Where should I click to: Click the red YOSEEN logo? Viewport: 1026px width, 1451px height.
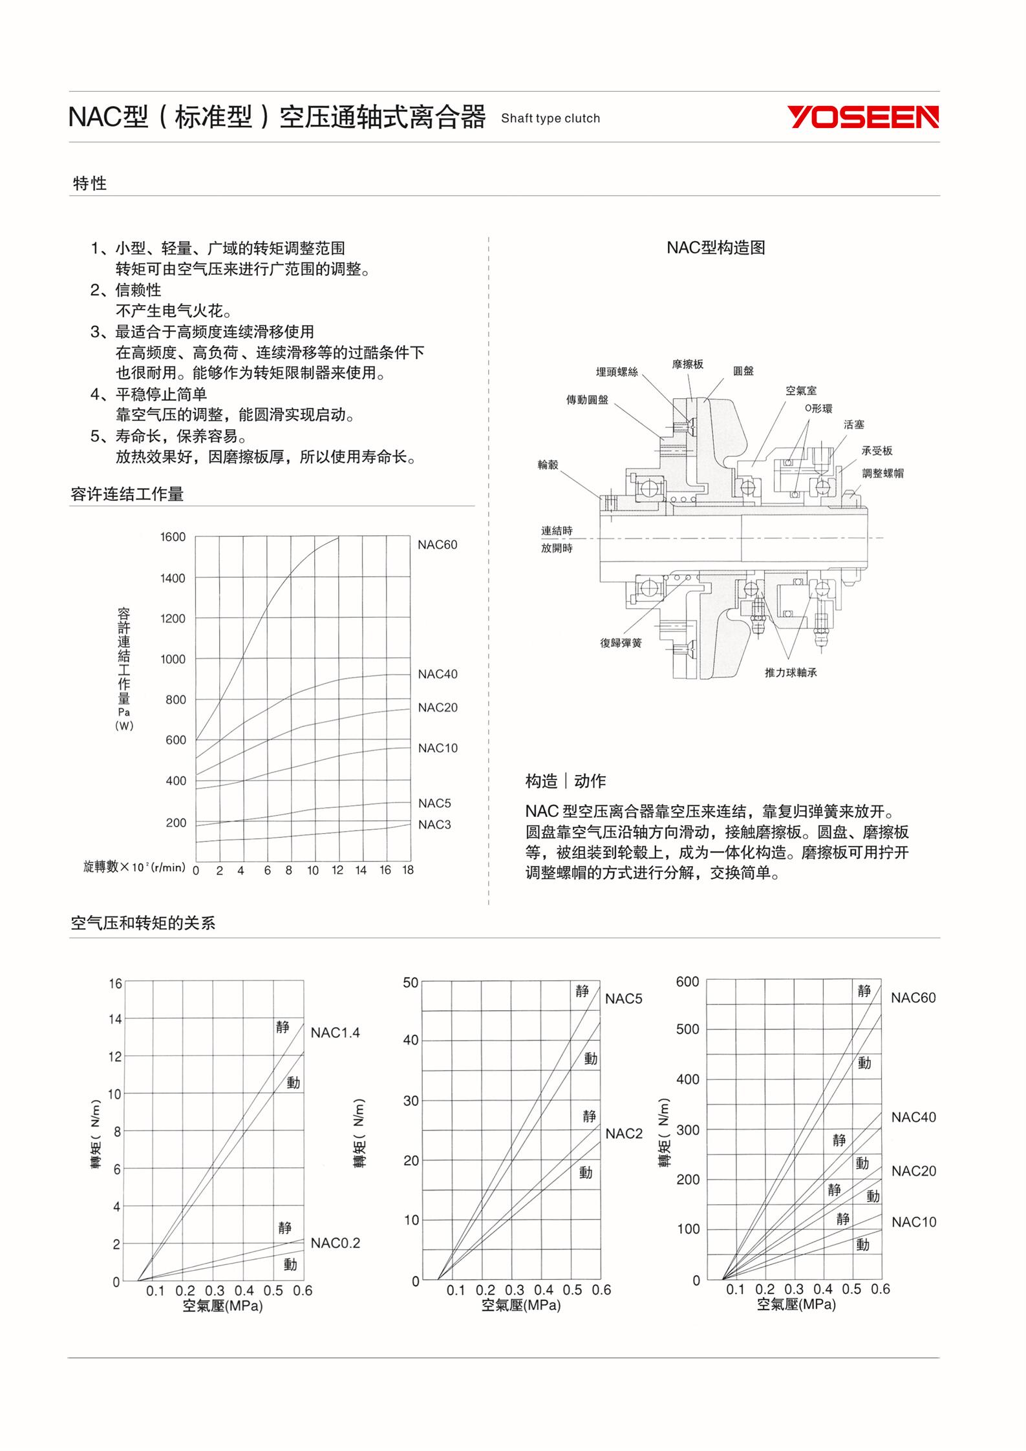(862, 118)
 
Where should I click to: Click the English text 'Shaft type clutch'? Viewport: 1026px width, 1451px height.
(550, 118)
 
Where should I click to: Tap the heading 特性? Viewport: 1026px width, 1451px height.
(90, 184)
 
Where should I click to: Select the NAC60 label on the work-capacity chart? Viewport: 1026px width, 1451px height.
(437, 545)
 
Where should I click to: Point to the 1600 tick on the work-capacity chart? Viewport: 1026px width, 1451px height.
(173, 537)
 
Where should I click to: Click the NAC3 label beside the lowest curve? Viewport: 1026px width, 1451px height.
(434, 825)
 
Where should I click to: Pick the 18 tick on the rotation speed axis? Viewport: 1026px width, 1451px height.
(407, 870)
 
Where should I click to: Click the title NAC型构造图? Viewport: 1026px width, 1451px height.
(716, 248)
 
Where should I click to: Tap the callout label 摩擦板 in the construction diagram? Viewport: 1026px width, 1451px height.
(688, 364)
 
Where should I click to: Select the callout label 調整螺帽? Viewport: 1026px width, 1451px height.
(882, 473)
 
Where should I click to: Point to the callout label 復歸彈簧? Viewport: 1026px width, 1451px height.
(621, 643)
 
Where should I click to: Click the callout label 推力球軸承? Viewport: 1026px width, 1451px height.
(791, 673)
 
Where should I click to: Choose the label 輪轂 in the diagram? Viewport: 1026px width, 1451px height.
(548, 465)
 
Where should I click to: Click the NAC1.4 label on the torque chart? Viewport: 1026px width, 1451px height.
(335, 1033)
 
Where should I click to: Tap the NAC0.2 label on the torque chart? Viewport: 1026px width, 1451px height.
(335, 1243)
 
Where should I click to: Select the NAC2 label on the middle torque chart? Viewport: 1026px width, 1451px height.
(624, 1134)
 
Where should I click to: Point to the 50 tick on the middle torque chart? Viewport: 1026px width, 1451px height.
(411, 983)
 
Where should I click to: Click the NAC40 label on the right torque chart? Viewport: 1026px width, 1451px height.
(913, 1117)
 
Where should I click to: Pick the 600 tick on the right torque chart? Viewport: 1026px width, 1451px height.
(687, 982)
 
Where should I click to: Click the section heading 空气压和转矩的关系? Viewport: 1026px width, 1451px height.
(143, 924)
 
